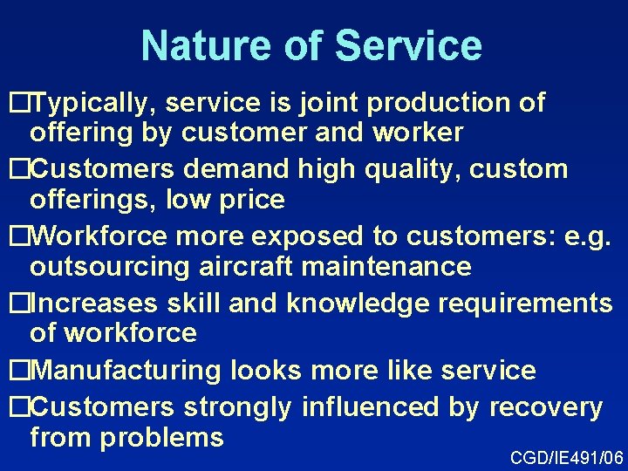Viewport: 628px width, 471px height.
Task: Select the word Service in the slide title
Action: (x=407, y=45)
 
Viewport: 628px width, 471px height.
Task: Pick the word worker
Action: (x=420, y=133)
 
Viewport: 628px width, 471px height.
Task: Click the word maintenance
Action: (x=379, y=266)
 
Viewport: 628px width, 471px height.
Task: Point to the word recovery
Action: (x=546, y=407)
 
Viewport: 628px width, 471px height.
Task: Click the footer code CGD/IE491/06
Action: (x=566, y=457)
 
